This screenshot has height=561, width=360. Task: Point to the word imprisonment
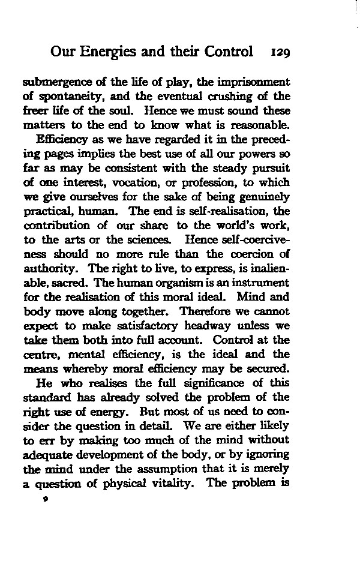[x=257, y=82]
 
